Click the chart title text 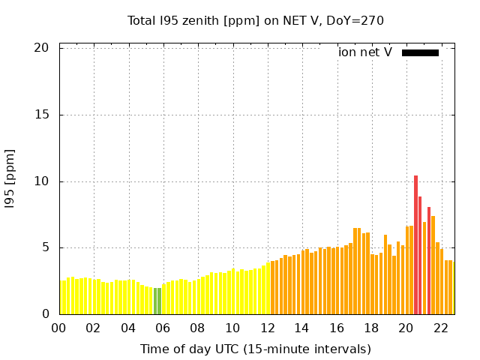click(255, 20)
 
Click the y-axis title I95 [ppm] click(10, 178)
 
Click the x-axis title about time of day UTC click(255, 349)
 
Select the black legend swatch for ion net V click(420, 52)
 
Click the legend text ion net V click(365, 52)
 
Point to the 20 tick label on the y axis click(41, 48)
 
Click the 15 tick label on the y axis click(41, 115)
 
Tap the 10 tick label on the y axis click(41, 181)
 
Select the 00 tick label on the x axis click(59, 328)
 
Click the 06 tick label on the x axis click(163, 328)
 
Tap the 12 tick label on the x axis click(267, 328)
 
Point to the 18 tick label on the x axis click(371, 328)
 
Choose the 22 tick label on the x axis click(441, 328)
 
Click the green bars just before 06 click(157, 301)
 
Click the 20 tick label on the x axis click(406, 328)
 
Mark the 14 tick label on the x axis click(301, 328)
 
